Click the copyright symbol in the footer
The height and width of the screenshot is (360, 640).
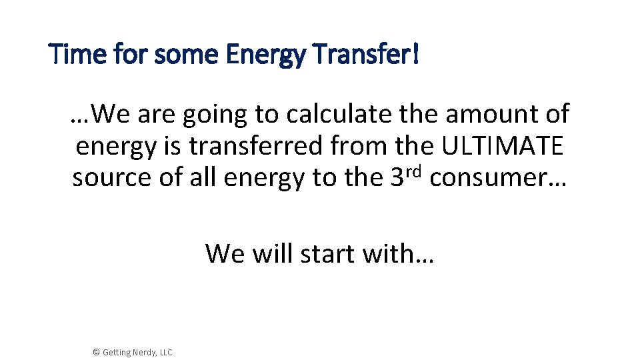96,352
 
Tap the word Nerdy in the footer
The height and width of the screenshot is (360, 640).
142,352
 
